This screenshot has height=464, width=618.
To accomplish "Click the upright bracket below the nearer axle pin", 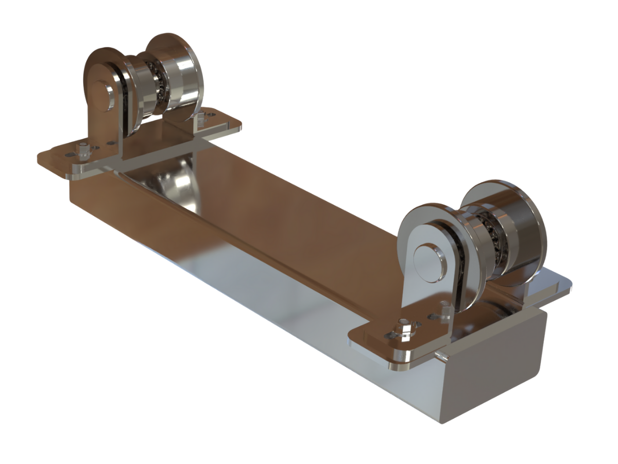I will coord(422,299).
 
